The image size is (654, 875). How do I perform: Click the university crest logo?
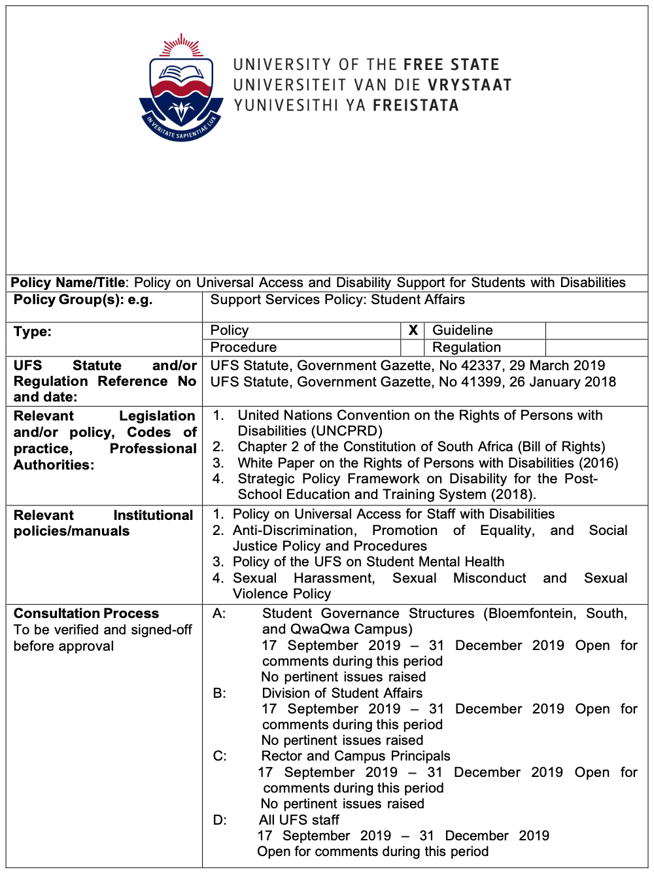tap(181, 88)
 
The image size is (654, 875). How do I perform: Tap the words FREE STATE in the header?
tap(451, 65)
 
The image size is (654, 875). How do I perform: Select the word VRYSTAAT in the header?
tap(469, 85)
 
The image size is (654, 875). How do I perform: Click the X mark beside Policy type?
tap(413, 330)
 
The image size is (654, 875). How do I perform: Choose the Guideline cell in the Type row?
tap(463, 330)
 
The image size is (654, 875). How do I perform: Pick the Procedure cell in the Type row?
tap(243, 347)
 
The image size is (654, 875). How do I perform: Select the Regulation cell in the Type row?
tap(467, 347)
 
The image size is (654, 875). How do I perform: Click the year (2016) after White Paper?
tap(598, 463)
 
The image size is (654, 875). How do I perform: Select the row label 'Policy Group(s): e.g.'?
tap(83, 300)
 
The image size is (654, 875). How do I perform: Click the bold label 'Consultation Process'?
tap(86, 613)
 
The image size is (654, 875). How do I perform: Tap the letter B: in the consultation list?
tap(220, 693)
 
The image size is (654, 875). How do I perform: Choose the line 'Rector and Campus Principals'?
tap(356, 756)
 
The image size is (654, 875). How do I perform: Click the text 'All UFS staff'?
tap(299, 820)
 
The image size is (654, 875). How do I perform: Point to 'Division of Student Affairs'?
tap(342, 693)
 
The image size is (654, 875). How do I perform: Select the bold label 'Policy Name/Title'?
tap(68, 283)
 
